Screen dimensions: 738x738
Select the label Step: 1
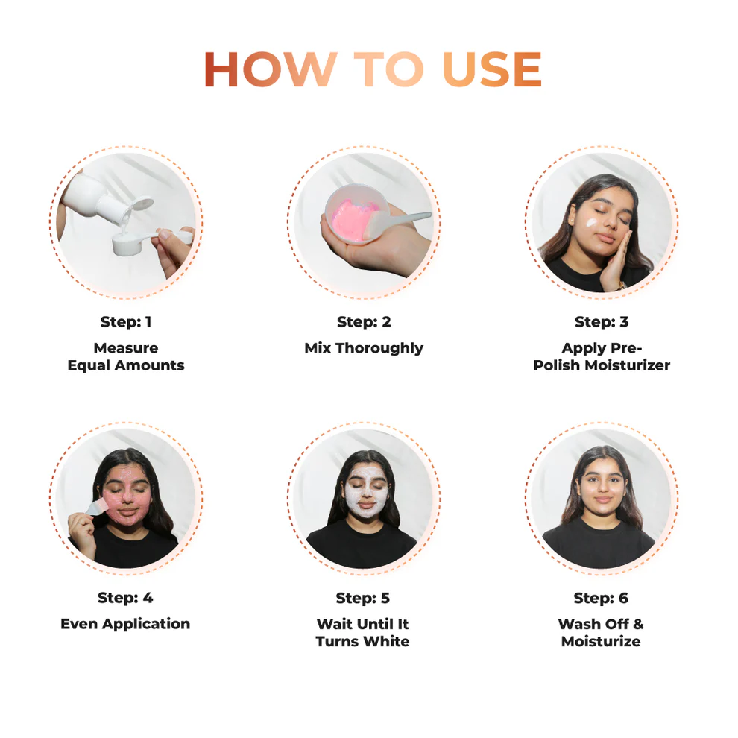pos(126,322)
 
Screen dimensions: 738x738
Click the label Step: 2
pos(364,322)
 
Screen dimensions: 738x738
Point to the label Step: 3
pos(602,322)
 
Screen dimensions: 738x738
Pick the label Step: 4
pos(125,598)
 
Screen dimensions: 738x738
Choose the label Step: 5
pos(363,598)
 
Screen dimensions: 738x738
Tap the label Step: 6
pos(601,598)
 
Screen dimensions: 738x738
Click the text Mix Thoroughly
pos(364,348)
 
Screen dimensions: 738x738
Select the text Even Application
pos(125,624)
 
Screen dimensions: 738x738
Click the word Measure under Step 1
pos(126,348)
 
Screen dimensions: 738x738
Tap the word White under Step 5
pos(385,641)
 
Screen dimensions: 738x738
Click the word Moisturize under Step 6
pos(601,641)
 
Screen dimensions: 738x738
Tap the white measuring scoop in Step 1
pos(131,243)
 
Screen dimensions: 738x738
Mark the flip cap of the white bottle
pos(142,204)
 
